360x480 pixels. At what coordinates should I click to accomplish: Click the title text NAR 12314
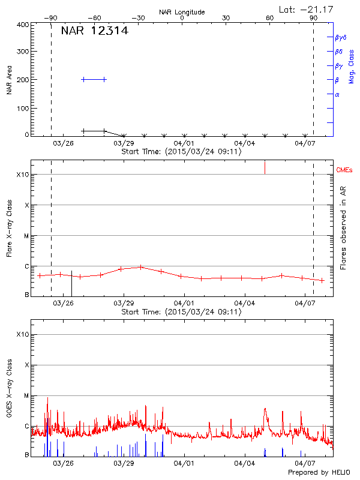point(94,31)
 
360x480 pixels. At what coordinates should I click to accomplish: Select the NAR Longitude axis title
point(182,12)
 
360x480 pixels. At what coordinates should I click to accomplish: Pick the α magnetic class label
point(337,94)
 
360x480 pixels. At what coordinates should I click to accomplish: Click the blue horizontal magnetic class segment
point(94,79)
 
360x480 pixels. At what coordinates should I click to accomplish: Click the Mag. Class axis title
point(351,66)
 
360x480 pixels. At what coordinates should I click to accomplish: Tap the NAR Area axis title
point(10,80)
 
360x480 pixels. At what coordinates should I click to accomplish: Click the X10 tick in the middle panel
point(23,175)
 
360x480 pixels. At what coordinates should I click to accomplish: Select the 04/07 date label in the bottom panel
point(305,463)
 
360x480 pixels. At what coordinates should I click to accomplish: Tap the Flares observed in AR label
point(343,228)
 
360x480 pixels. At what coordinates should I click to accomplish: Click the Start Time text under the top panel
point(181,152)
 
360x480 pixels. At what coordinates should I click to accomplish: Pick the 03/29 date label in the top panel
point(124,143)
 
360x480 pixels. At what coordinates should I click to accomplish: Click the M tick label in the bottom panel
point(26,396)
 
